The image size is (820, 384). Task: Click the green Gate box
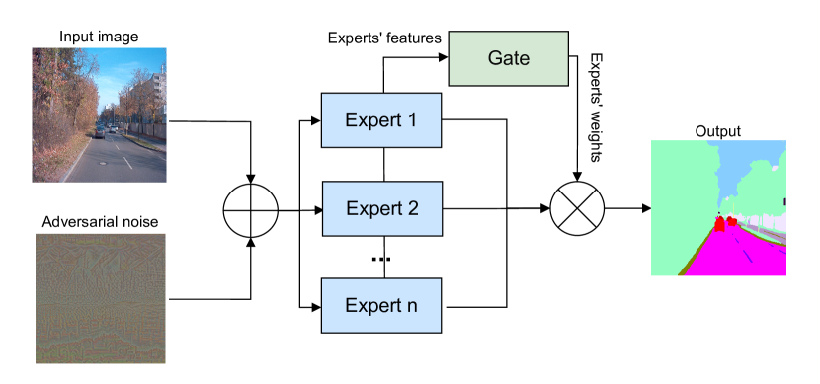(508, 58)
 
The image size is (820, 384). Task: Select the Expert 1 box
(380, 120)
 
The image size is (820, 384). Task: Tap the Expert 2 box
(381, 209)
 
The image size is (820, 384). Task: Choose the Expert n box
(380, 305)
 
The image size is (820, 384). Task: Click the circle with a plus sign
(250, 211)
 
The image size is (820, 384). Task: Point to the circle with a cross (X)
(576, 209)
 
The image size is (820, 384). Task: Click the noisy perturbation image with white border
(100, 298)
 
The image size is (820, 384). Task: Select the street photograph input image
(99, 115)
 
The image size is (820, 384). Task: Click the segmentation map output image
(718, 208)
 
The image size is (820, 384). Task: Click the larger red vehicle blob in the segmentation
(720, 223)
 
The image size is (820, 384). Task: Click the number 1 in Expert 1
(411, 120)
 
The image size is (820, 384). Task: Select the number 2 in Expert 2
(412, 209)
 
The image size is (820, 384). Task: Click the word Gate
(508, 58)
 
